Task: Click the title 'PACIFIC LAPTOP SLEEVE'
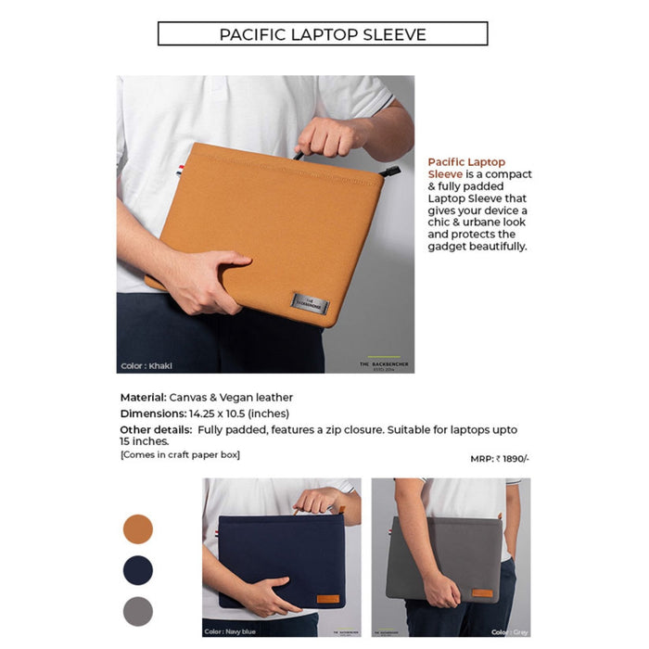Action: pyautogui.click(x=323, y=34)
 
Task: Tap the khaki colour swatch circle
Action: pyautogui.click(x=138, y=529)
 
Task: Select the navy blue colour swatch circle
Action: pyautogui.click(x=138, y=570)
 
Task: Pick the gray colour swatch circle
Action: pyautogui.click(x=138, y=610)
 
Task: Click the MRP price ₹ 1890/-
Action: pyautogui.click(x=500, y=458)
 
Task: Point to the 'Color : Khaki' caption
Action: pyautogui.click(x=146, y=365)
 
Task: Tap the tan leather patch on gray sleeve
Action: pyautogui.click(x=482, y=592)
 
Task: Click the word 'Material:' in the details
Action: pyautogui.click(x=144, y=397)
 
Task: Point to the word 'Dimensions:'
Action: pyautogui.click(x=153, y=414)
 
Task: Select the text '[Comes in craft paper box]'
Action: pyautogui.click(x=180, y=454)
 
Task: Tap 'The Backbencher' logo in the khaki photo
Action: pyautogui.click(x=383, y=363)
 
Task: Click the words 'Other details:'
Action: pyautogui.click(x=156, y=430)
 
